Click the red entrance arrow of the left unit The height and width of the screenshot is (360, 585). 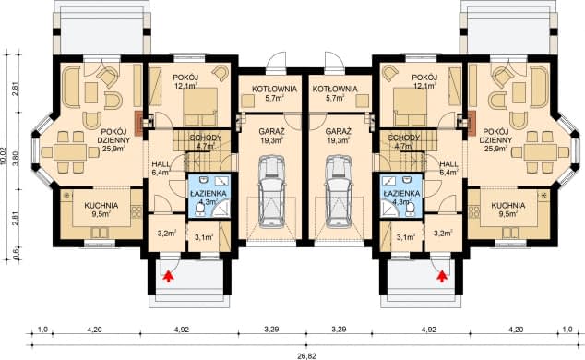169,276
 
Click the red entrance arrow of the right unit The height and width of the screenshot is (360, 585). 442,276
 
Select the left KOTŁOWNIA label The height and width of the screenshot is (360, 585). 275,89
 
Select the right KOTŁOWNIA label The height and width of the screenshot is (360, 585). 335,89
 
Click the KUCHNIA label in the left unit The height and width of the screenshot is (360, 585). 101,205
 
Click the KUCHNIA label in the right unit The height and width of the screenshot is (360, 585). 508,205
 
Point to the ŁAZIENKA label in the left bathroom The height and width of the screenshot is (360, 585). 208,193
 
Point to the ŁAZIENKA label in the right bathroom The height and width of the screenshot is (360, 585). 401,193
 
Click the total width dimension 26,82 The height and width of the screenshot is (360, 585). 306,356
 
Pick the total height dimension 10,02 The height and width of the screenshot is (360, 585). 5,157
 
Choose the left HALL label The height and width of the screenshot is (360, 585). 161,164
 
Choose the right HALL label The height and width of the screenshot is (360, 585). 448,164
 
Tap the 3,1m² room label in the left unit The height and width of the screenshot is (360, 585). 204,237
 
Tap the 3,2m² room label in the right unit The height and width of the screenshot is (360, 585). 443,234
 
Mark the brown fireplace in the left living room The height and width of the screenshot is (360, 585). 138,123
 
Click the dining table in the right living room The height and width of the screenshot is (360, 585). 540,151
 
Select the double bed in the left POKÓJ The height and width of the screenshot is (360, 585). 200,106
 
